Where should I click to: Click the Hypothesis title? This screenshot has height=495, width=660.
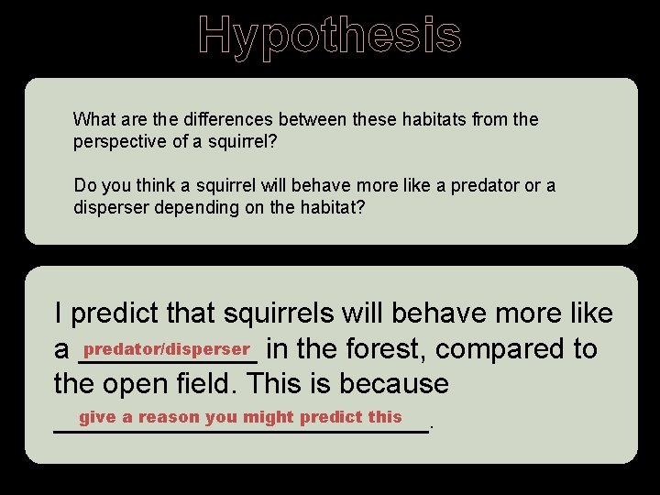330,35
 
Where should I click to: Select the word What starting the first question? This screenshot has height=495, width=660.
94,119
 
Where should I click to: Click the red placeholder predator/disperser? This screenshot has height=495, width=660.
167,349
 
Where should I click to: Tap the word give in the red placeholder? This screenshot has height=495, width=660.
97,417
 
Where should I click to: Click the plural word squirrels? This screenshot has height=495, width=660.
272,314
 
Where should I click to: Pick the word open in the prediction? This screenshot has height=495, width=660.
137,384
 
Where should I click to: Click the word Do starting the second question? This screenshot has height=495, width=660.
84,185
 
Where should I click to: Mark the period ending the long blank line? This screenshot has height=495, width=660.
432,427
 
